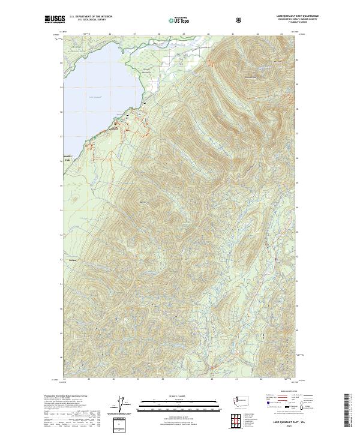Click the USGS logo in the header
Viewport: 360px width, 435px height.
[55, 19]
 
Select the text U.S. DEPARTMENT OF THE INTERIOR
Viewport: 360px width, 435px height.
[91, 16]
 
